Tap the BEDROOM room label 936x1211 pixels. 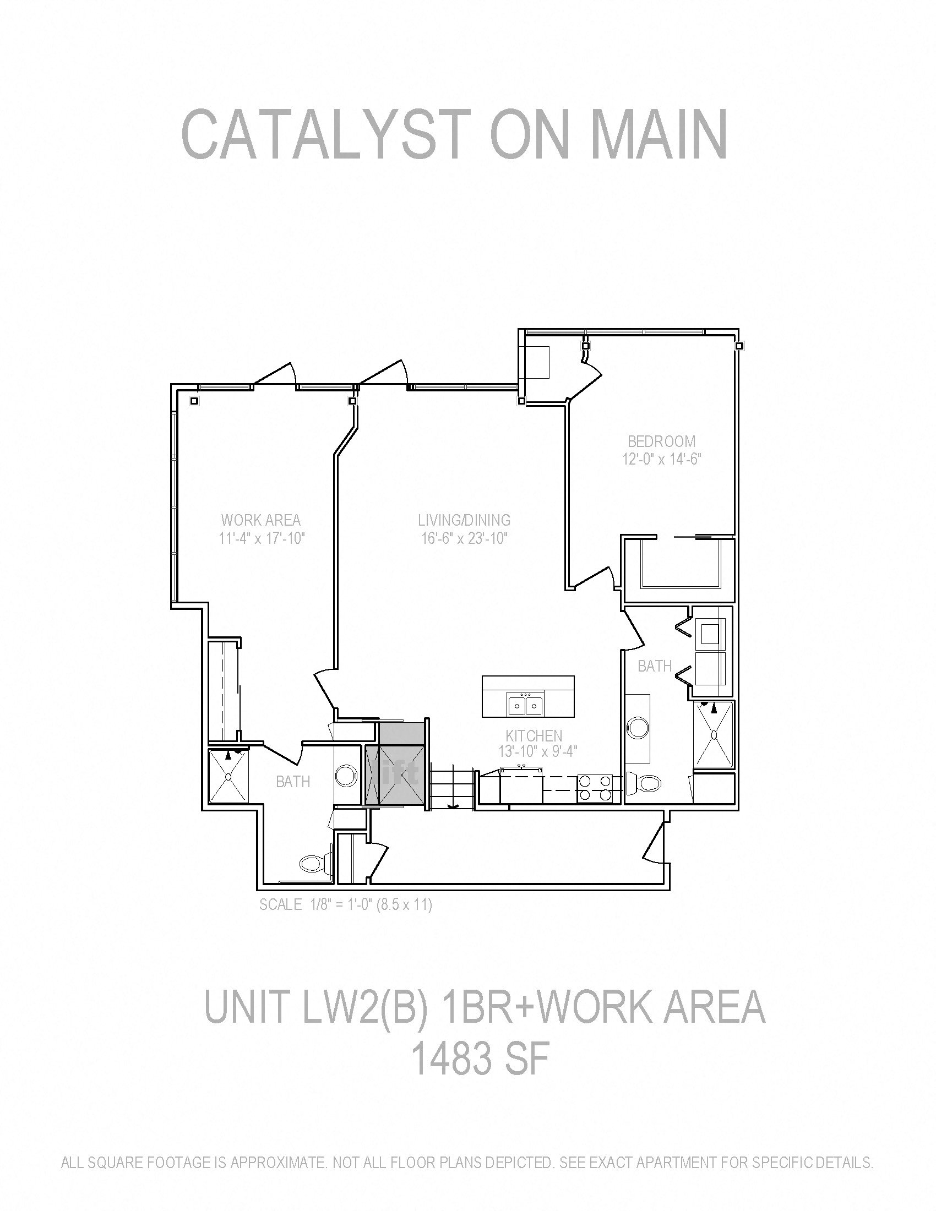(x=661, y=441)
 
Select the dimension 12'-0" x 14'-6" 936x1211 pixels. (x=661, y=459)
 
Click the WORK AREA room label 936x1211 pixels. (x=260, y=520)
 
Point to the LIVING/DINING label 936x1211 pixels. (x=464, y=520)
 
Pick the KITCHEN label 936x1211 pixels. (x=534, y=736)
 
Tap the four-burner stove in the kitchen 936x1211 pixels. (x=595, y=788)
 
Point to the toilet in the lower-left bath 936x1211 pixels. (x=311, y=863)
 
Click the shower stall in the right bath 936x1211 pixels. (x=714, y=736)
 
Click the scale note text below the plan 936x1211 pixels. (x=345, y=904)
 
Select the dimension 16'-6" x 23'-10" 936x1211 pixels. (x=464, y=538)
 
